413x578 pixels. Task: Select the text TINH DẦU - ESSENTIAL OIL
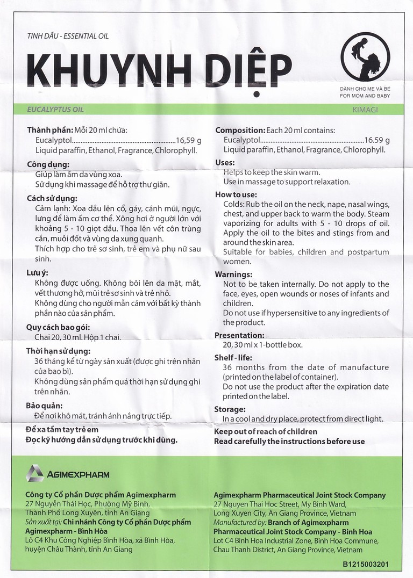(x=67, y=36)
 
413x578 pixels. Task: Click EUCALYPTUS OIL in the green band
(x=56, y=109)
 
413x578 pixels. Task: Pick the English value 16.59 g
(x=378, y=140)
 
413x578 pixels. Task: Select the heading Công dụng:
(x=48, y=164)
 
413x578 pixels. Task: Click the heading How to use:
(x=236, y=194)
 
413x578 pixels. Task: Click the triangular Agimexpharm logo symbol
(x=35, y=474)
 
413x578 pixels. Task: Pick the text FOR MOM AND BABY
(x=365, y=96)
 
